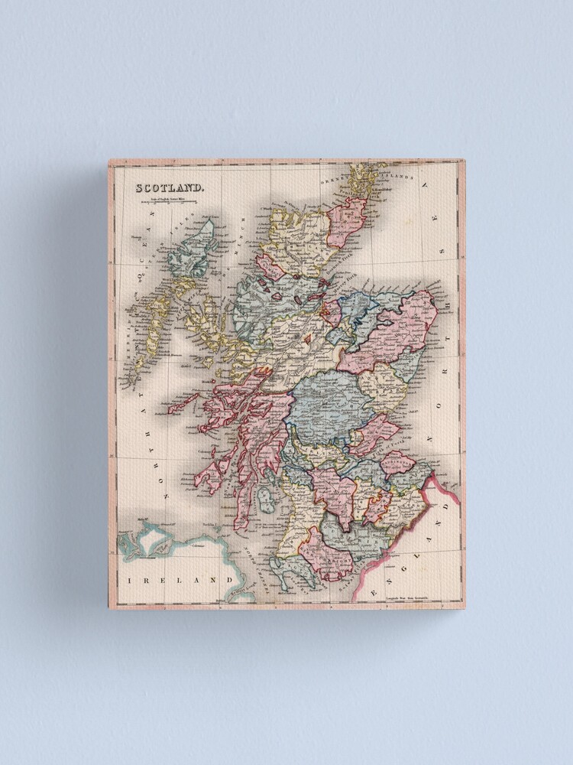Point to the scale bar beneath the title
click(x=164, y=202)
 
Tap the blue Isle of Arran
click(x=266, y=501)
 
